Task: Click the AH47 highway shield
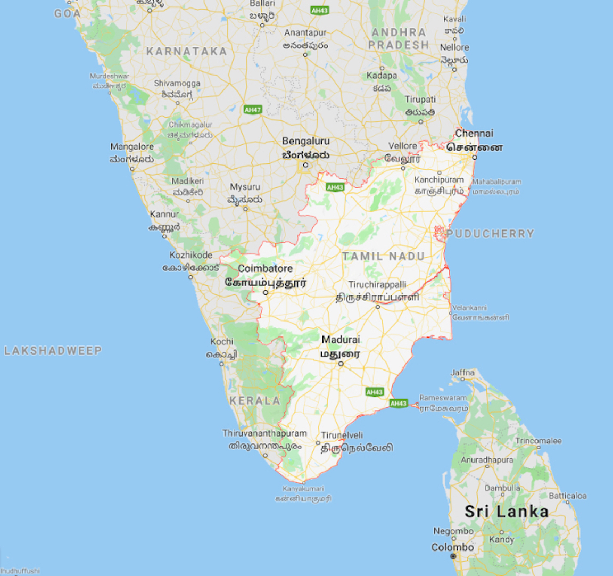[253, 110]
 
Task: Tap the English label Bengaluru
[305, 141]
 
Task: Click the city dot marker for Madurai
[341, 364]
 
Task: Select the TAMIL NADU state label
[383, 257]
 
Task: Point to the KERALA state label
[255, 400]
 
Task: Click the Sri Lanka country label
[506, 512]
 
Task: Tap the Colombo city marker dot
[453, 556]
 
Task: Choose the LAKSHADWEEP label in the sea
[53, 350]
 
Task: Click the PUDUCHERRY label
[490, 234]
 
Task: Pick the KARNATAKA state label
[186, 52]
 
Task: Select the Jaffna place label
[462, 372]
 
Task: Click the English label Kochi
[222, 341]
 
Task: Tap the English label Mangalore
[132, 146]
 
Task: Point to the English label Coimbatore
[265, 268]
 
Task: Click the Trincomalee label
[538, 441]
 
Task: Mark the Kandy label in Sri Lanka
[502, 539]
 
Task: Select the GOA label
[67, 13]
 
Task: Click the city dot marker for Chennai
[475, 157]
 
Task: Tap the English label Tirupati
[420, 100]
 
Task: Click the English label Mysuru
[245, 187]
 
